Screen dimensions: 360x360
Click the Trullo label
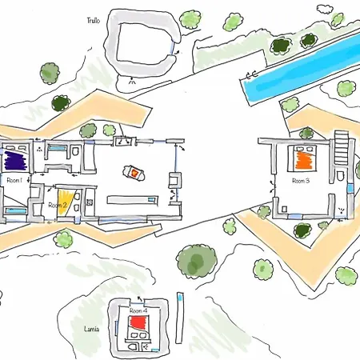click(x=94, y=21)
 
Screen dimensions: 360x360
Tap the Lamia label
click(x=91, y=329)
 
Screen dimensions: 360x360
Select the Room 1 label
click(x=14, y=181)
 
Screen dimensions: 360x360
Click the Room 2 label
click(x=57, y=206)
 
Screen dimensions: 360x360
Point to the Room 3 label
click(x=301, y=181)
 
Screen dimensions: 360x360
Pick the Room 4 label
click(x=138, y=311)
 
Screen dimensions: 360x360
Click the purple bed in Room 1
click(x=16, y=161)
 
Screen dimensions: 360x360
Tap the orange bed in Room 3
click(x=304, y=160)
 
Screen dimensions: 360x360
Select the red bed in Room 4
click(x=137, y=323)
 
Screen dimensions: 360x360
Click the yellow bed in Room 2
click(x=65, y=202)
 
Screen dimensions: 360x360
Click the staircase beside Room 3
click(x=342, y=147)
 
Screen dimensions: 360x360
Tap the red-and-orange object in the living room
click(x=134, y=173)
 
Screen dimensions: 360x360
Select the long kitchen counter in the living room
click(x=133, y=200)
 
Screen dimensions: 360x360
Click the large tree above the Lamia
click(x=197, y=261)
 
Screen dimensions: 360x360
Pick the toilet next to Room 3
click(x=340, y=175)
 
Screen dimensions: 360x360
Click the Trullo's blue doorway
click(x=173, y=48)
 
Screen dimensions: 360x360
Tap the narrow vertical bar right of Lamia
click(x=180, y=318)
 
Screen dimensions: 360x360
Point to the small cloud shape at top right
click(x=324, y=9)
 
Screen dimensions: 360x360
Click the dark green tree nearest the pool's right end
click(x=309, y=41)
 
